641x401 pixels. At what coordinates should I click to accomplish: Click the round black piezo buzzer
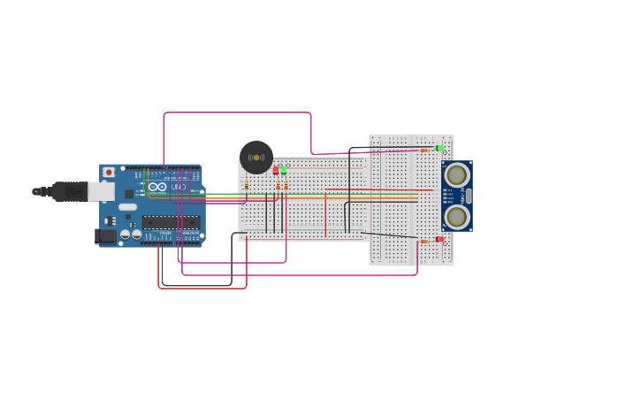(256, 158)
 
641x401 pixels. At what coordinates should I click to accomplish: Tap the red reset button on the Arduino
(109, 172)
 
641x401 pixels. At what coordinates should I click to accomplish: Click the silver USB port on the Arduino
(101, 191)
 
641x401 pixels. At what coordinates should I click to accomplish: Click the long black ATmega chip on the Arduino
(171, 222)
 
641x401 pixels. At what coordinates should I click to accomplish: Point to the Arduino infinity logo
(157, 187)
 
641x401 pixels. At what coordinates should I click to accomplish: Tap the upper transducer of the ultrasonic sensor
(456, 174)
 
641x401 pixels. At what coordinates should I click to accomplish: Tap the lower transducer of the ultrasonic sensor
(456, 216)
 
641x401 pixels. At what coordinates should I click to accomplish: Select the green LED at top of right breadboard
(439, 148)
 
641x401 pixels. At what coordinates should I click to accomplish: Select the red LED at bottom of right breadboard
(439, 239)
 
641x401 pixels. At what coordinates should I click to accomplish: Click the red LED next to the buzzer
(276, 169)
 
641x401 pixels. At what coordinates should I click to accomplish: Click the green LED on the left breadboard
(284, 169)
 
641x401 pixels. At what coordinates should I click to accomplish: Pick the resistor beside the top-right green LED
(424, 150)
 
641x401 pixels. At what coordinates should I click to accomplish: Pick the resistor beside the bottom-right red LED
(424, 241)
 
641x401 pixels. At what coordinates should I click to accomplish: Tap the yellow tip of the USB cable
(36, 191)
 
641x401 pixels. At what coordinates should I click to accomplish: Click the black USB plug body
(69, 191)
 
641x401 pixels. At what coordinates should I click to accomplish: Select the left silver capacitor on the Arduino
(125, 234)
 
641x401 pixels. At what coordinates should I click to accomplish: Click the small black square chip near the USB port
(129, 194)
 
